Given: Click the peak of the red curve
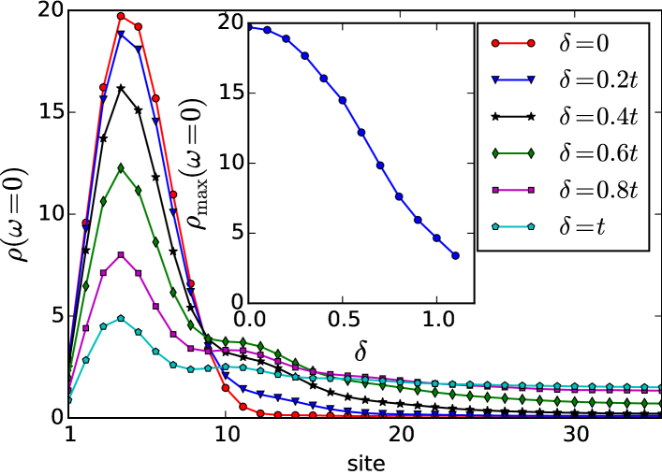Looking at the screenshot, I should (121, 16).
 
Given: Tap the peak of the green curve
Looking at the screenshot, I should (121, 168).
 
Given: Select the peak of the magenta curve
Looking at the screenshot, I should (121, 254).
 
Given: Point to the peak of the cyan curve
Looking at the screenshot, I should (121, 319).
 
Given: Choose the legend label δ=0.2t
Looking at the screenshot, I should (598, 79).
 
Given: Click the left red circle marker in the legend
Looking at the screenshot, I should (493, 43).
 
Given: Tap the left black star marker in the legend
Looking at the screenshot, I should (493, 116).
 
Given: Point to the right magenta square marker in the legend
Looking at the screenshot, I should (532, 190).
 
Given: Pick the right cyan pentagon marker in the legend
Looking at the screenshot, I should (532, 226).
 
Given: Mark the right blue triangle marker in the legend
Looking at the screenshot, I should (532, 79).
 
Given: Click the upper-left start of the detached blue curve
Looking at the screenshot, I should (251, 27).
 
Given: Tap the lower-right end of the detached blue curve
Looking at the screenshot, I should (455, 254).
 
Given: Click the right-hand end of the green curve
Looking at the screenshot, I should (659, 403).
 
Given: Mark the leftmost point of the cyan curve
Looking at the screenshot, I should (69, 399).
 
